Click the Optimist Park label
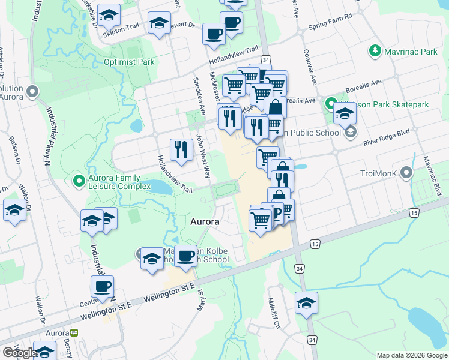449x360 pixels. [x=129, y=62]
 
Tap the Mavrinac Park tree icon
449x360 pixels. [x=376, y=52]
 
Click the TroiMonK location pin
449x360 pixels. [x=408, y=174]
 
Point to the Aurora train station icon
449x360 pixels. [x=74, y=332]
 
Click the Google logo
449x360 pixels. [x=19, y=353]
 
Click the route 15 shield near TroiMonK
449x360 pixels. [x=414, y=213]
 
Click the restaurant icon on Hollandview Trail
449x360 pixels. [x=181, y=149]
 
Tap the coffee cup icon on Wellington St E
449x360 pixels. [x=102, y=287]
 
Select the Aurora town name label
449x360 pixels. [x=205, y=221]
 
